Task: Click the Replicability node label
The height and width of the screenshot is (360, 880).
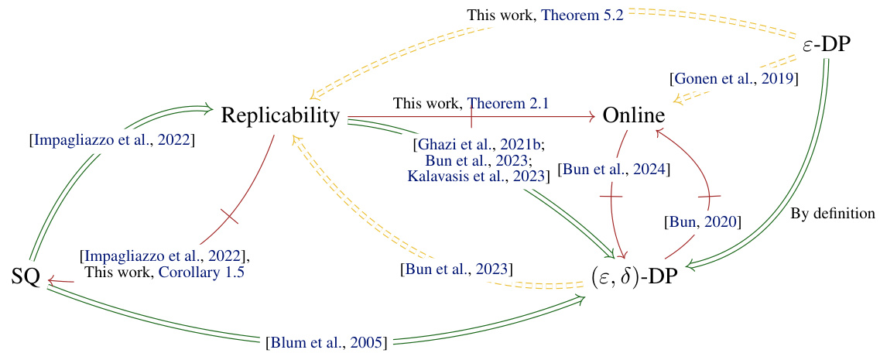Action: click(x=280, y=116)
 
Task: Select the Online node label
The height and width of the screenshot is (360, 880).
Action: click(x=634, y=116)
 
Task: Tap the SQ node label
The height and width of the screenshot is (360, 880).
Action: click(x=26, y=276)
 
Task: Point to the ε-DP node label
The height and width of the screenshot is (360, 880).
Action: click(x=827, y=44)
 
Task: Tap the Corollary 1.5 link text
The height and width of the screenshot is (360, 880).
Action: click(x=202, y=272)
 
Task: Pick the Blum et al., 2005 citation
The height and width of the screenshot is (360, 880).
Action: click(x=326, y=341)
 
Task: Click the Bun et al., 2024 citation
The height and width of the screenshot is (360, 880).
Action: click(x=613, y=169)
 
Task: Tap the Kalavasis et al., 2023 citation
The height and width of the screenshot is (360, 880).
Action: click(x=478, y=176)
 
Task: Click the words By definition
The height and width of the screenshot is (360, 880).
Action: click(x=833, y=212)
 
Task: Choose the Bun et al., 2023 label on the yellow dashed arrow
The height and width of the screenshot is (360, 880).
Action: click(x=454, y=269)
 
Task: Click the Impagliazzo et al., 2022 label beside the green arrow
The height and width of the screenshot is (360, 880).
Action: click(x=111, y=140)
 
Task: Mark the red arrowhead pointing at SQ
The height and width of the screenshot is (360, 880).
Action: click(x=51, y=283)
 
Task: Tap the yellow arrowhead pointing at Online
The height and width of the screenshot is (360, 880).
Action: click(x=678, y=100)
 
